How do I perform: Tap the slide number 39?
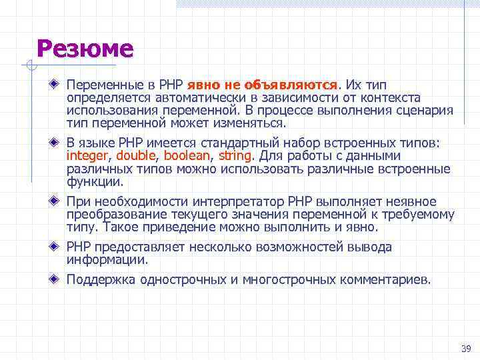[x=465, y=349]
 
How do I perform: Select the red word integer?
[x=90, y=156]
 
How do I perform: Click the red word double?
[x=135, y=156]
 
